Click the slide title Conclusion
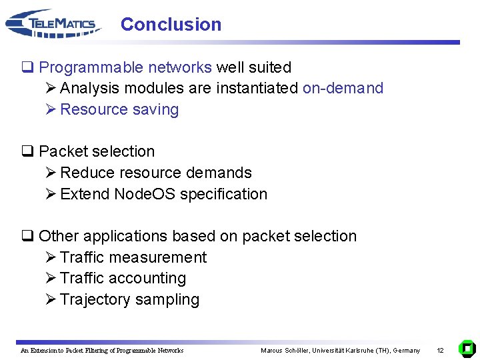tap(171, 25)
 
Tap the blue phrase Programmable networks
tap(125, 67)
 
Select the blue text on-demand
tap(343, 88)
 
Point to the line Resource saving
tap(119, 109)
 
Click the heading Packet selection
tap(97, 151)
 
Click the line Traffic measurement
tap(133, 257)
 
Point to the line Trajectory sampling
tap(129, 299)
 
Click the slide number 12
tap(440, 350)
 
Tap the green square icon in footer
tap(467, 349)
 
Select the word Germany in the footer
tap(407, 350)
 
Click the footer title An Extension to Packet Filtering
tap(102, 350)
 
